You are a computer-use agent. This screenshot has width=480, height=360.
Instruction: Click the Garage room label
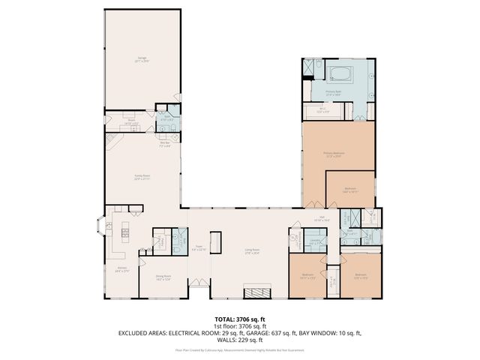142,58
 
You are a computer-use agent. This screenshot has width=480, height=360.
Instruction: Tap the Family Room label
142,178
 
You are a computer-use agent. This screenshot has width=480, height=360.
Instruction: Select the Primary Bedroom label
333,154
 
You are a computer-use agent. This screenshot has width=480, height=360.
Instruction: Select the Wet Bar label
165,145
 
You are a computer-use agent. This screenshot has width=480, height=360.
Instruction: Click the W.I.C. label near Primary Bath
322,110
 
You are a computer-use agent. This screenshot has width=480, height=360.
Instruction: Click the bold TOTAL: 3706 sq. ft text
239,319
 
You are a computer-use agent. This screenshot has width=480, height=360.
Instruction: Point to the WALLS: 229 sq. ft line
239,339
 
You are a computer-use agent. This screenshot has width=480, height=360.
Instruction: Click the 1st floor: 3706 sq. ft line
239,325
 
